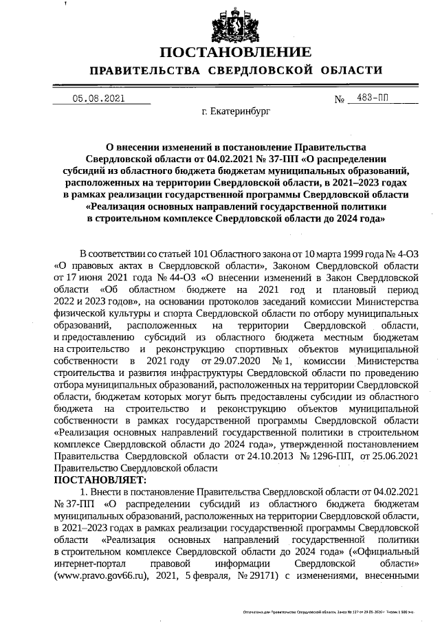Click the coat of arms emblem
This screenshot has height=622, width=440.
pos(235,25)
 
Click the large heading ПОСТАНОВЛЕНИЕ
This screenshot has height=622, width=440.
pos(235,53)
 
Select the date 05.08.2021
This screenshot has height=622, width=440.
pos(99,98)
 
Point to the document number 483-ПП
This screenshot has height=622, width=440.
pos(368,98)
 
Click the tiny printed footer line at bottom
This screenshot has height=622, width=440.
pos(337,610)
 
